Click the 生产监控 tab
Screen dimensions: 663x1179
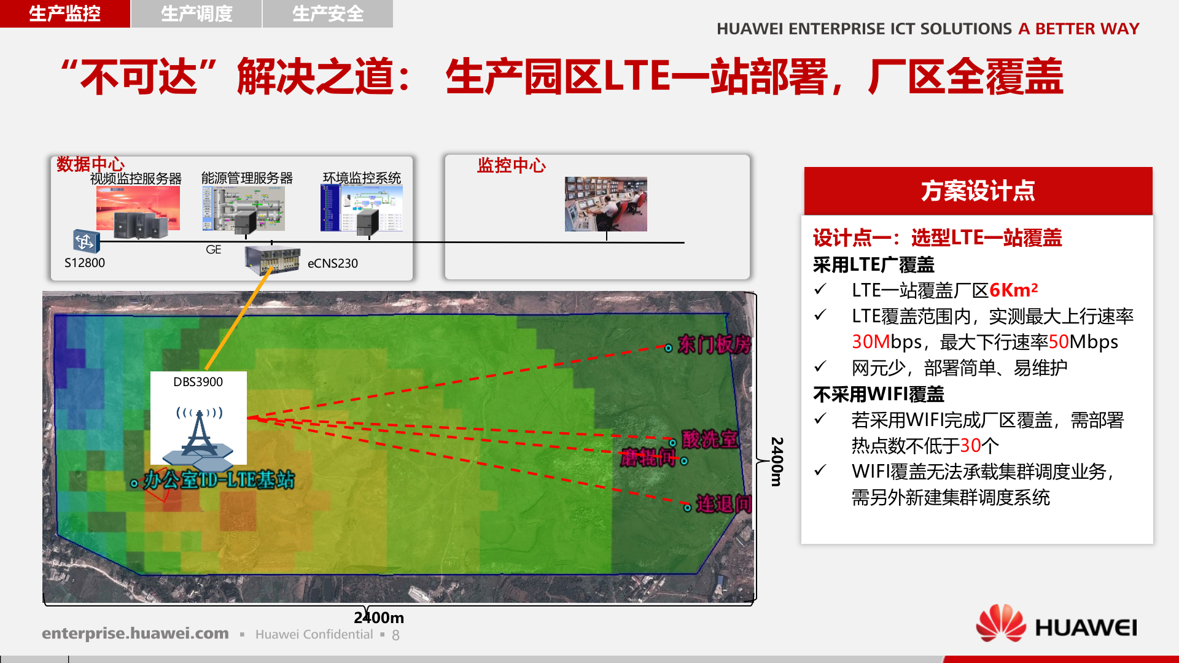(x=64, y=14)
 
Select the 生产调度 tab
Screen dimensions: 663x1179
(x=196, y=14)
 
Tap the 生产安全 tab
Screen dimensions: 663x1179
(x=328, y=14)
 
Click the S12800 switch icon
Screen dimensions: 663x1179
(x=85, y=241)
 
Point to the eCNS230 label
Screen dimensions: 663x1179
(x=332, y=263)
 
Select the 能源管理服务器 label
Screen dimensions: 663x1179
(x=247, y=178)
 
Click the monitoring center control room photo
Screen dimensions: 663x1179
(x=605, y=204)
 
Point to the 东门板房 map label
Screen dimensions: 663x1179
(x=714, y=345)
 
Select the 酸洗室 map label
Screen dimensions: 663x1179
(x=710, y=440)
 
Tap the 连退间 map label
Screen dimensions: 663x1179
(x=723, y=505)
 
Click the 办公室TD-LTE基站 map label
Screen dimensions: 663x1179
(x=219, y=480)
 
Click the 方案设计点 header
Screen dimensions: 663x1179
(x=978, y=191)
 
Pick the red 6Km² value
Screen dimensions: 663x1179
(x=1013, y=290)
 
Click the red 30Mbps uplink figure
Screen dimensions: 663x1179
(x=870, y=342)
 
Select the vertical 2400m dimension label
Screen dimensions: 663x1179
(x=777, y=462)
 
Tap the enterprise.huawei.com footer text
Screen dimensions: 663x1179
(x=135, y=634)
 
